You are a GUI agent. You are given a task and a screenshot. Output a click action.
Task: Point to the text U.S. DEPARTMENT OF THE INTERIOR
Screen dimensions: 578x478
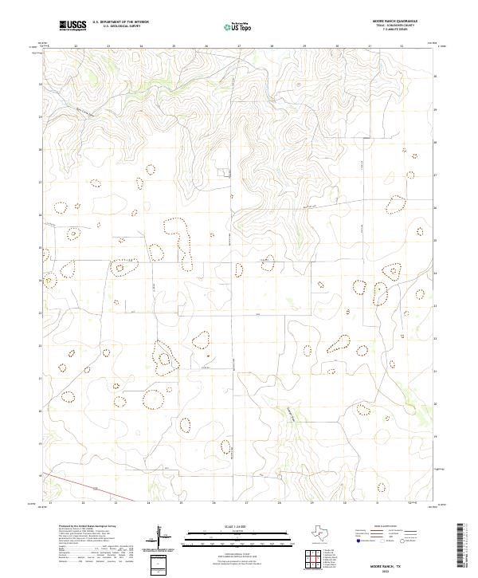click(x=120, y=22)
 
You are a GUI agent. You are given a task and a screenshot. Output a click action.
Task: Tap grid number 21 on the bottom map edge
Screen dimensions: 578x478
click(x=49, y=504)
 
